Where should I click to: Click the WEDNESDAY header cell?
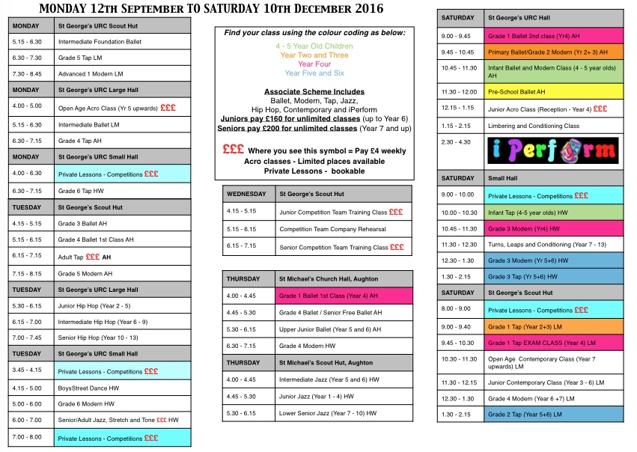[x=247, y=193]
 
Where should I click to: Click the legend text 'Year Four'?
[x=314, y=64]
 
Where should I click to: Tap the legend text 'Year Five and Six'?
[x=314, y=73]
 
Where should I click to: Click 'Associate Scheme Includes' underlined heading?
[x=314, y=91]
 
